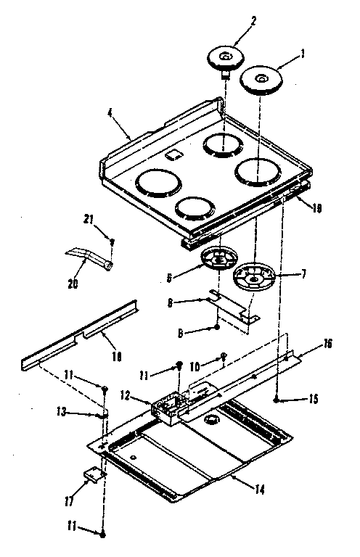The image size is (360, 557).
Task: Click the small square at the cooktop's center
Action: pos(173,155)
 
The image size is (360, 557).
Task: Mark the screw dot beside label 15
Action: pos(277,398)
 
